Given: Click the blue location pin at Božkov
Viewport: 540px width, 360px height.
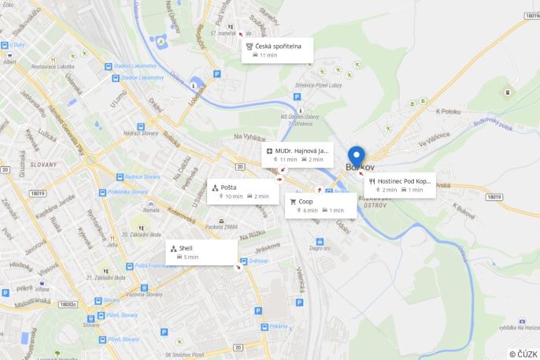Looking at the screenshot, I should tap(357, 157).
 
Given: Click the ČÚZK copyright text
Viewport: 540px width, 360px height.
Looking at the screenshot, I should tap(523, 354).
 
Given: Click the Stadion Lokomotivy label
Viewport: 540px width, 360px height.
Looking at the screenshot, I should tap(137, 67).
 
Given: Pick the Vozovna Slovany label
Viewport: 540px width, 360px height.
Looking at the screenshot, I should tap(144, 294).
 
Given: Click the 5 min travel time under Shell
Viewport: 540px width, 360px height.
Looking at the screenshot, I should tap(190, 257).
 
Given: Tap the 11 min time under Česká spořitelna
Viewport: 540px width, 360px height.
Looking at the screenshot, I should tap(268, 56).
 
